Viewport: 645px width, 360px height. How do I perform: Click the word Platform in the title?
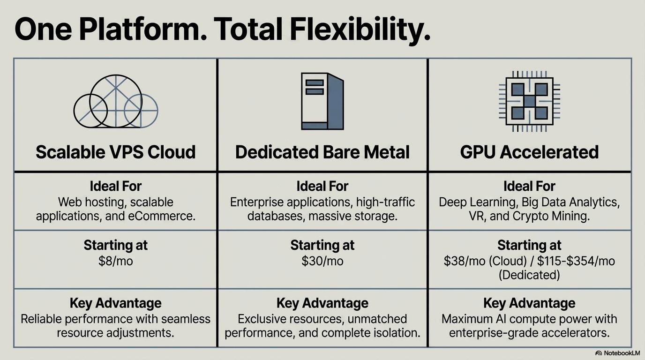click(x=141, y=30)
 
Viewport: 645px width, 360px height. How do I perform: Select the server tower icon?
click(x=322, y=101)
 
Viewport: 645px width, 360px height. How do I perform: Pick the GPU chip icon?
click(x=529, y=101)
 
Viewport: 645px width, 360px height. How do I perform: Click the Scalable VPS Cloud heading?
click(x=115, y=152)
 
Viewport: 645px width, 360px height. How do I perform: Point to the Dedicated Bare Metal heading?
click(x=322, y=152)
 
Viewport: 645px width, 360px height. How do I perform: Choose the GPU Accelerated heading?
click(x=529, y=152)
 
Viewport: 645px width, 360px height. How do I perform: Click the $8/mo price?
click(x=115, y=261)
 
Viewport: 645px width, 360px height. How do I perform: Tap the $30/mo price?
click(x=322, y=261)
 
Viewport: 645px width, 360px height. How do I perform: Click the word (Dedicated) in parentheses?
click(x=529, y=275)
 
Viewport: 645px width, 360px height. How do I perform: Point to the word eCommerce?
click(x=167, y=216)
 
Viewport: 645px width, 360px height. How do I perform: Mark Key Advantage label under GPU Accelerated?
click(x=529, y=303)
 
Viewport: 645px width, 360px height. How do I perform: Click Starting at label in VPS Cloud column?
click(x=115, y=245)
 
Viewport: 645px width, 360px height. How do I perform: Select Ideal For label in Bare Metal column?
click(x=322, y=186)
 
